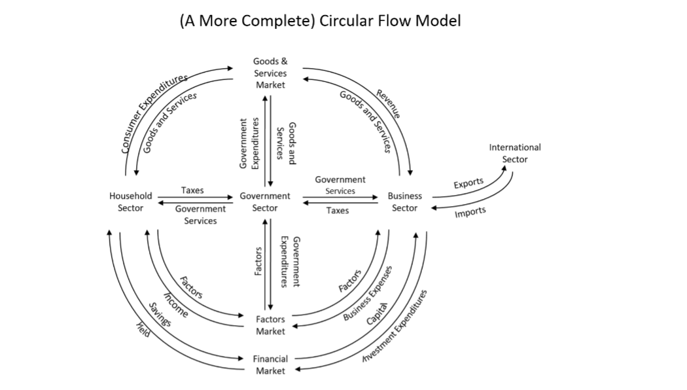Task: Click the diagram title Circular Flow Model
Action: point(320,21)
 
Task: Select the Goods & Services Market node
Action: point(270,73)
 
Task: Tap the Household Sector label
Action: point(131,202)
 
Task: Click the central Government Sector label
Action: point(265,202)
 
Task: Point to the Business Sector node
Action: point(404,202)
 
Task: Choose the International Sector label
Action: point(515,153)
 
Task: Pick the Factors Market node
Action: point(270,325)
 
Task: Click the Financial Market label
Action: point(270,364)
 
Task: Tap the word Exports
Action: point(468,183)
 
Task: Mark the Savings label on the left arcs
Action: point(159,315)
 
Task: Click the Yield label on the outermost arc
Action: point(143,331)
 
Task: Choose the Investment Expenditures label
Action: point(395,327)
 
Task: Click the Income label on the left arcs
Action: point(175,305)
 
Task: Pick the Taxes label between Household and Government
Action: point(192,190)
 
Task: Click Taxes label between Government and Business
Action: point(338,211)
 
